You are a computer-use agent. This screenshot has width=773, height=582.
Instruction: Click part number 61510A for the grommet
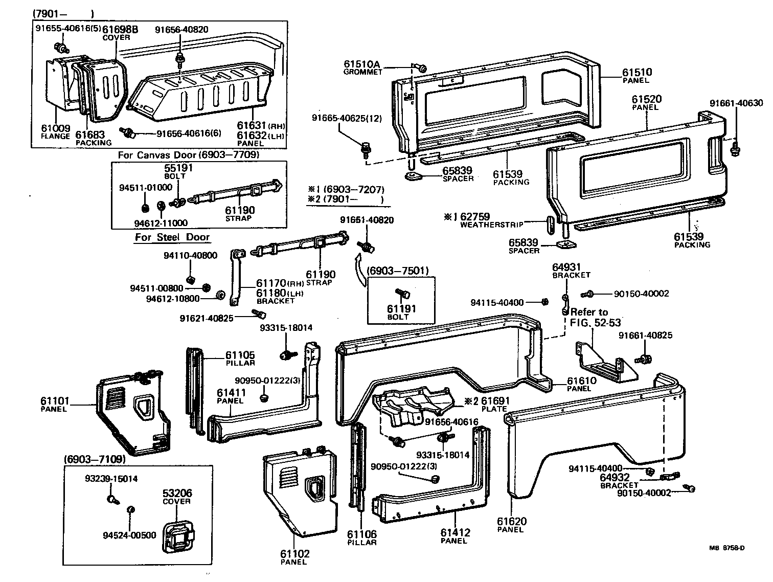coord(362,64)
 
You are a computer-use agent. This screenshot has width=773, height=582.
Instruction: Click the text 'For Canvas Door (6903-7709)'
coord(189,155)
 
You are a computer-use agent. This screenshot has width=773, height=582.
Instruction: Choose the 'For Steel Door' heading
coord(172,237)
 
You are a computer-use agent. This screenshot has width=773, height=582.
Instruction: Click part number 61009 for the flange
coord(55,129)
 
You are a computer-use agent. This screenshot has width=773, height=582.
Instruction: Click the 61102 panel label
coord(294,554)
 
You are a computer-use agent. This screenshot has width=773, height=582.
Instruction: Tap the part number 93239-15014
coord(111,479)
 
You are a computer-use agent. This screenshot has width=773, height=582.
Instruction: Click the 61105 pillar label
coord(240,355)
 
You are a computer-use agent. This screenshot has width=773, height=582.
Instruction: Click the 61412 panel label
coord(455,532)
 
